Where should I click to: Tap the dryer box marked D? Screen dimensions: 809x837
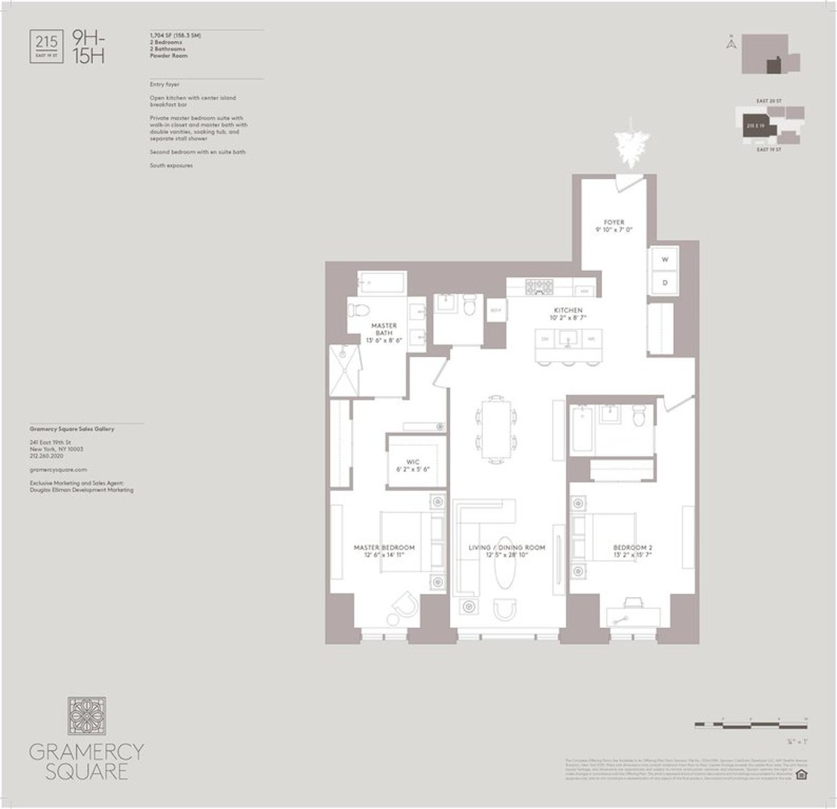pos(664,283)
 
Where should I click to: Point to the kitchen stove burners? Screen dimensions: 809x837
pos(538,286)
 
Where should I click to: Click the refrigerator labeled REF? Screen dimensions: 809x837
pos(495,310)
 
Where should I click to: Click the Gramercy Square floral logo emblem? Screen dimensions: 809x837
pos(86,718)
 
